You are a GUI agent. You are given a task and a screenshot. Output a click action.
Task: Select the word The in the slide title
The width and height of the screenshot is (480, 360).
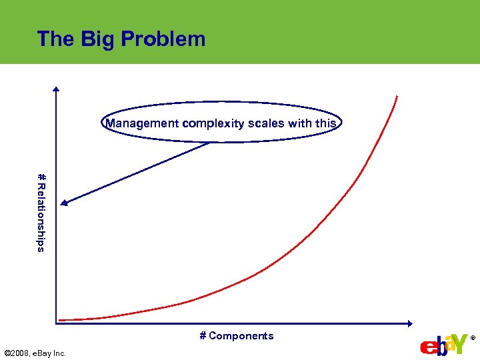pyautogui.click(x=56, y=39)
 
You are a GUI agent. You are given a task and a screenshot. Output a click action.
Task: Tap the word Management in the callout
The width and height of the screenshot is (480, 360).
pyautogui.click(x=142, y=123)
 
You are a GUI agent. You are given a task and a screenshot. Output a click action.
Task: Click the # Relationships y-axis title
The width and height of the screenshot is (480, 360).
pyautogui.click(x=41, y=213)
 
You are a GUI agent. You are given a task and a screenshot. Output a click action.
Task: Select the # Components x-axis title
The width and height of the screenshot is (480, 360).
pyautogui.click(x=237, y=336)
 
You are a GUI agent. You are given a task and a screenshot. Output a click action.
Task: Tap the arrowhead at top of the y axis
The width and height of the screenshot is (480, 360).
pyautogui.click(x=57, y=90)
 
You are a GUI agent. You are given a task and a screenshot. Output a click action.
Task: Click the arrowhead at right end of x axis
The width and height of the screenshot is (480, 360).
pyautogui.click(x=410, y=324)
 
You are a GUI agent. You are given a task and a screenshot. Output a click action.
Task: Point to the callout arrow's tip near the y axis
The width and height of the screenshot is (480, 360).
pyautogui.click(x=62, y=204)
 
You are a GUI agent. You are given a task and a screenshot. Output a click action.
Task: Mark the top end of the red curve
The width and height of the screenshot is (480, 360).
pyautogui.click(x=397, y=97)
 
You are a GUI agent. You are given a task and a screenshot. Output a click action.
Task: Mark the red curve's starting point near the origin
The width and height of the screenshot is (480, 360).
pyautogui.click(x=60, y=320)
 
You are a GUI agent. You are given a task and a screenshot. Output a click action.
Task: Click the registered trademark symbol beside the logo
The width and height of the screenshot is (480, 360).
pyautogui.click(x=473, y=339)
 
